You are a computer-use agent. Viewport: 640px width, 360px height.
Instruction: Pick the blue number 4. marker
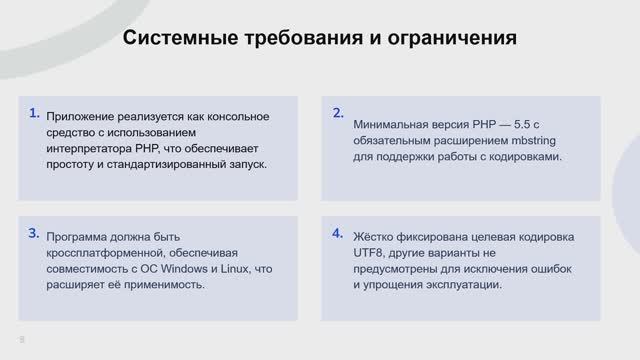pyautogui.click(x=337, y=233)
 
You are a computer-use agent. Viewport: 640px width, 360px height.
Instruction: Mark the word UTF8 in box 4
pyautogui.click(x=369, y=253)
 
